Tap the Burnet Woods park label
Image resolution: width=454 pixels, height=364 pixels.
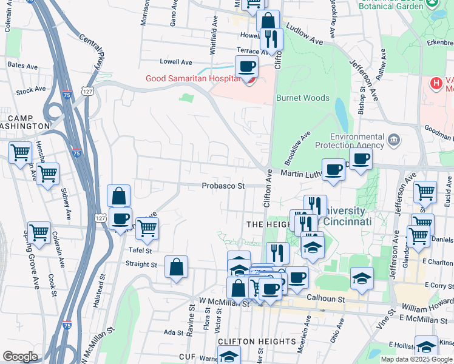(303, 98)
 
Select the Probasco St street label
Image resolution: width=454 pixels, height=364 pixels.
(223, 186)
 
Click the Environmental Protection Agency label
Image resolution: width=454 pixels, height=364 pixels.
(357, 141)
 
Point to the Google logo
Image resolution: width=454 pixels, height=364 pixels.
(20, 356)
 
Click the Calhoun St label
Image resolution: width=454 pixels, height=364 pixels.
(325, 299)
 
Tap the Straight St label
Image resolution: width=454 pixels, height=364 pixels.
(141, 265)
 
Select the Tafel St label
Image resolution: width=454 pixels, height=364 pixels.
(140, 250)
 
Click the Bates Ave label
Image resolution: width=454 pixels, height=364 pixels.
(20, 64)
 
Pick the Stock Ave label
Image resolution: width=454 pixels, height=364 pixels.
(31, 90)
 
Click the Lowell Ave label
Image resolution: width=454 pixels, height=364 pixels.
(175, 62)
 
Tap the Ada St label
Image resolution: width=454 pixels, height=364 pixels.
(174, 332)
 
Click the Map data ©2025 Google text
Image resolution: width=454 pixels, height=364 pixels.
(417, 359)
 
